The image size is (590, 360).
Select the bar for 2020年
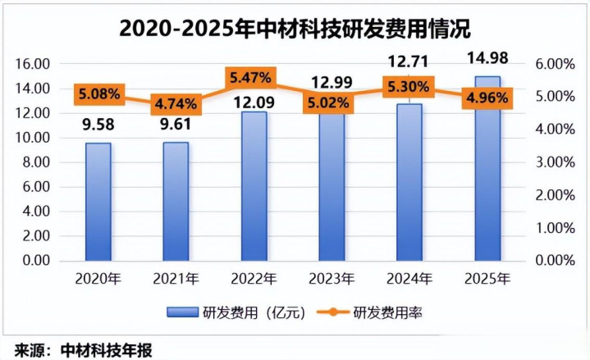click(98, 201)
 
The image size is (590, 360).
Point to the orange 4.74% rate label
click(174, 103)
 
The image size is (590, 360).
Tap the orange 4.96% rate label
click(487, 98)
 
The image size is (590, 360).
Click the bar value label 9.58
click(98, 126)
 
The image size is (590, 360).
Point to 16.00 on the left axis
click(34, 64)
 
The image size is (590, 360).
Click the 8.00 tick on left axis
click(37, 162)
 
